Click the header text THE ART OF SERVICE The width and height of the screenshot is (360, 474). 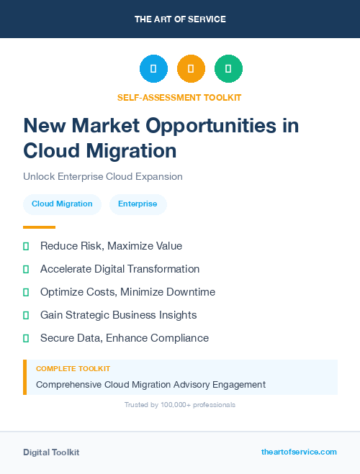tap(180, 19)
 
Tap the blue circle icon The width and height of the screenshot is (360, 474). tap(153, 68)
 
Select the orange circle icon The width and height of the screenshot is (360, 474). tap(191, 68)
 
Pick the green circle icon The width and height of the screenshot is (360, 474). tap(228, 68)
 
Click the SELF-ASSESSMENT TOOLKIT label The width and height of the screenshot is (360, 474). tap(179, 97)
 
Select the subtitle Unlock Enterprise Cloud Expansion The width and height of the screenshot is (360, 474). tap(103, 176)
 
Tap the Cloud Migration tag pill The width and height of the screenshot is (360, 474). tap(62, 204)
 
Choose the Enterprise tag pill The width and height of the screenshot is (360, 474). tap(138, 204)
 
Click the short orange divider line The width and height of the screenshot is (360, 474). tap(39, 227)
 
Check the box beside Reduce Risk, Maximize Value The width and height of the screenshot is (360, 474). tap(26, 246)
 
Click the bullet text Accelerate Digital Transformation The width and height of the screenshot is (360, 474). tap(120, 269)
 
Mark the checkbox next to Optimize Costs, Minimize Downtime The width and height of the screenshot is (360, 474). tap(26, 292)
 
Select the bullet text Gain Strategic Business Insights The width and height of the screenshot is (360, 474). tap(118, 315)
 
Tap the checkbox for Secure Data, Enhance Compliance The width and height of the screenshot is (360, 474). tap(26, 338)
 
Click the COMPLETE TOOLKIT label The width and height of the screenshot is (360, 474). tap(73, 368)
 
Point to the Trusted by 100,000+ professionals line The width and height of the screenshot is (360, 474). tap(180, 405)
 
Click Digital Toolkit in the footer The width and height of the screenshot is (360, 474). tap(51, 452)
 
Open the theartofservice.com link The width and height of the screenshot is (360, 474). tap(299, 452)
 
